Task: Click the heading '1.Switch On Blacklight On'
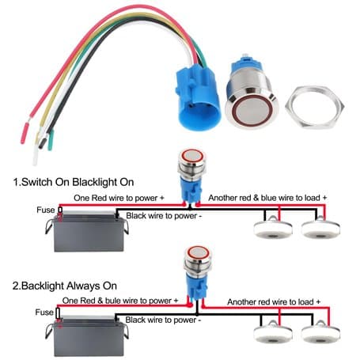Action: click(74, 182)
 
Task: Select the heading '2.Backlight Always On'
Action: click(65, 286)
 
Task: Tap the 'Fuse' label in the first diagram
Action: click(46, 210)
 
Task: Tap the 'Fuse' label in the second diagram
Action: click(44, 313)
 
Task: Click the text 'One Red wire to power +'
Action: click(119, 198)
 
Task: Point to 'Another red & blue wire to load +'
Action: click(267, 198)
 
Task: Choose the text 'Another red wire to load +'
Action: click(274, 301)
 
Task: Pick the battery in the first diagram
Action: click(87, 230)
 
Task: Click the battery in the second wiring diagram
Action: click(87, 335)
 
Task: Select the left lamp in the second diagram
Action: click(273, 332)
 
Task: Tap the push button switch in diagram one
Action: click(192, 176)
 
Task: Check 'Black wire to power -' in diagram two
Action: click(163, 320)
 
